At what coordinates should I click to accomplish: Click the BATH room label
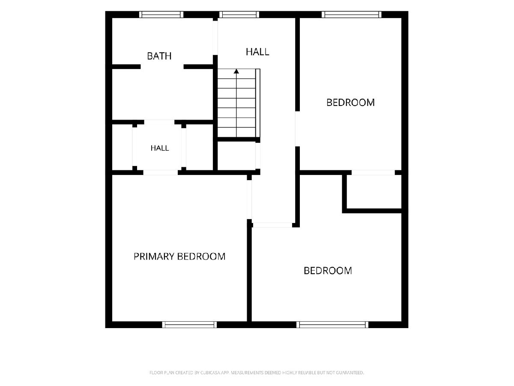[x=159, y=56]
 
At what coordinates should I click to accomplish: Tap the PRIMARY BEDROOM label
[x=179, y=256]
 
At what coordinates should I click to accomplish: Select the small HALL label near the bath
[x=160, y=148]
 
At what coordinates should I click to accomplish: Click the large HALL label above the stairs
[x=257, y=52]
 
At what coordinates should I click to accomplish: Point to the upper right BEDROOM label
[x=350, y=103]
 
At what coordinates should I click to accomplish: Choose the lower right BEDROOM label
[x=328, y=271]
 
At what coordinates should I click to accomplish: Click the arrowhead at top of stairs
[x=236, y=71]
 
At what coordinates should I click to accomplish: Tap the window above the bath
[x=161, y=15]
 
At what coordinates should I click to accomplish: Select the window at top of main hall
[x=239, y=15]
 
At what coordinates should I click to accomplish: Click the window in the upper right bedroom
[x=352, y=15]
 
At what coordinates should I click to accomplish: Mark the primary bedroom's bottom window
[x=189, y=325]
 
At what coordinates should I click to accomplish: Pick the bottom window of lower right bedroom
[x=332, y=325]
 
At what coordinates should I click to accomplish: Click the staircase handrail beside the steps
[x=258, y=103]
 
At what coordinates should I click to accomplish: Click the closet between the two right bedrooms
[x=374, y=191]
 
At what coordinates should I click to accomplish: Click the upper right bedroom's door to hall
[x=297, y=129]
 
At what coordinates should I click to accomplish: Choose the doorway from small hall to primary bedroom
[x=161, y=173]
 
